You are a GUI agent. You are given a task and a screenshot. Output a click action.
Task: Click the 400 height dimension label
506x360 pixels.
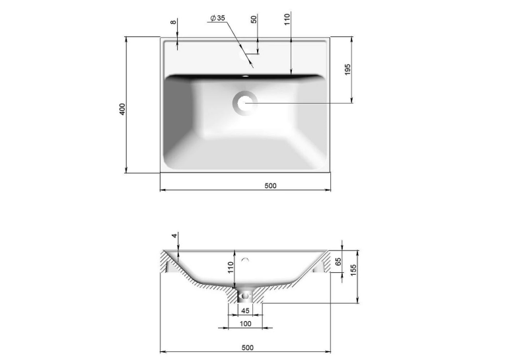click(x=122, y=110)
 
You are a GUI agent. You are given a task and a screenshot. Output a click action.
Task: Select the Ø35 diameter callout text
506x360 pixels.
click(x=217, y=18)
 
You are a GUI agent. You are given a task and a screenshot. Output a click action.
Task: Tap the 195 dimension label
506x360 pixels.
click(x=347, y=69)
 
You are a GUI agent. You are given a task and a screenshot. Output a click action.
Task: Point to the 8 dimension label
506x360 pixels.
click(x=174, y=22)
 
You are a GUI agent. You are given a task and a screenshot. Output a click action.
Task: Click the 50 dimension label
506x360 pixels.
click(x=254, y=19)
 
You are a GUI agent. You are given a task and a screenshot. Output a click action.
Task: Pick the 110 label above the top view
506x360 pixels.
click(x=287, y=19)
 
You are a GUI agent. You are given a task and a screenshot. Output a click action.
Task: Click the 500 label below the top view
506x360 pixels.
click(x=270, y=186)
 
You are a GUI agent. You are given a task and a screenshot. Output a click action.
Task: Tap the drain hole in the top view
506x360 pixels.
click(x=244, y=103)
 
